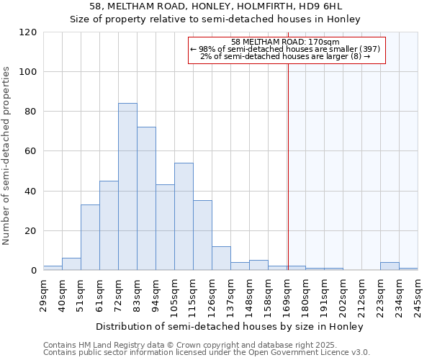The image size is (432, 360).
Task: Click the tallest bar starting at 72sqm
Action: click(127, 187)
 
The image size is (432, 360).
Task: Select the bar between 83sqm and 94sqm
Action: click(146, 199)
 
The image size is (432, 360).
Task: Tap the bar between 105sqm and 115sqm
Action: click(184, 217)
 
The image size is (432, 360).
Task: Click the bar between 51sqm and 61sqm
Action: click(90, 238)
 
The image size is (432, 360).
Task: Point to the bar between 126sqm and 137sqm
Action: click(221, 258)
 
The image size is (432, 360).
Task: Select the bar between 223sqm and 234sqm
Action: click(390, 266)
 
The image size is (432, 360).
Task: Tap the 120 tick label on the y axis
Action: click(28, 32)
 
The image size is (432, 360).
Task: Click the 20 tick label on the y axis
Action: click(31, 231)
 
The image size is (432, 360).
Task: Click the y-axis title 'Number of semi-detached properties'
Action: click(6, 155)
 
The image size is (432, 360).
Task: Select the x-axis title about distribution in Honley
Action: click(229, 326)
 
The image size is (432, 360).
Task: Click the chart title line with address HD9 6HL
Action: click(216, 6)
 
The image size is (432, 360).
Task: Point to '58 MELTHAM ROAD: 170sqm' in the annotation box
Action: click(286, 42)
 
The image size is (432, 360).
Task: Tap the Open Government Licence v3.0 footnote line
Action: click(207, 352)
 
